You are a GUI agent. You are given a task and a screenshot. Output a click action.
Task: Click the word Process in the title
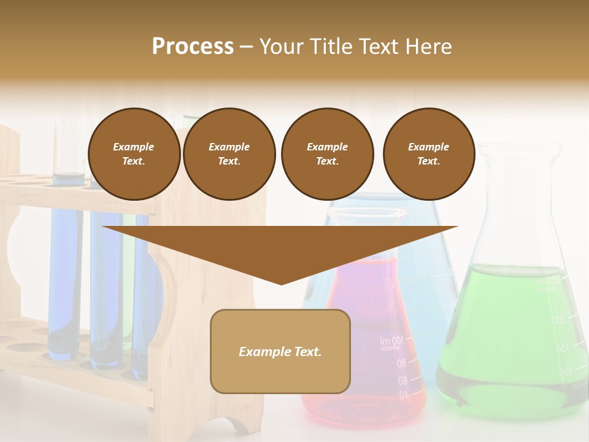(193, 46)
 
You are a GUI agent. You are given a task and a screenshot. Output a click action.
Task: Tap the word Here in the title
(428, 46)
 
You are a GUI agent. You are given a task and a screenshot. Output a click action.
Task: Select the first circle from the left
(134, 154)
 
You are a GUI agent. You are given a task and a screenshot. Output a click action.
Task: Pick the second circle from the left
(229, 154)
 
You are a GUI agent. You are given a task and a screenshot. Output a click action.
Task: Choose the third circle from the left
(327, 154)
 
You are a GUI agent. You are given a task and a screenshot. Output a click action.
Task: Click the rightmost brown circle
(428, 154)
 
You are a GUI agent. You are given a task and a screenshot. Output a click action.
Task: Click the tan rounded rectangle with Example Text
(280, 351)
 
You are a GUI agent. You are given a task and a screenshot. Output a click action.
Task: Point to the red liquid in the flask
(368, 295)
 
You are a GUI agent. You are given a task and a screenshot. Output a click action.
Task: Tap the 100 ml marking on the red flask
(391, 341)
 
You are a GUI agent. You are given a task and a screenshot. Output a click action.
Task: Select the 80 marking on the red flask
(401, 363)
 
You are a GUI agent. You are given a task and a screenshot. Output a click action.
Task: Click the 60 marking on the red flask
(402, 381)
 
